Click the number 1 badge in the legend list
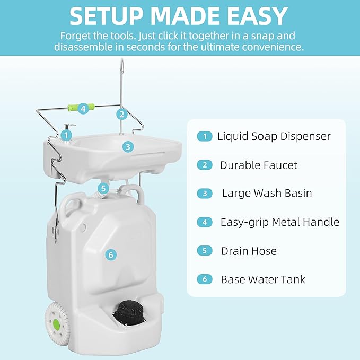point(204,136)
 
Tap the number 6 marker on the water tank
point(111,255)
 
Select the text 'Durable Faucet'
point(258,165)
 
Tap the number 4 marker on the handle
point(82,109)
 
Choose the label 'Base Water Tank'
point(263,279)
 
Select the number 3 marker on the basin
point(127,146)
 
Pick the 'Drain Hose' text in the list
point(249,251)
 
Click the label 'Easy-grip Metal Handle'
point(279,222)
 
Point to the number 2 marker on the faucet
point(122,113)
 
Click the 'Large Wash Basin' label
point(267,194)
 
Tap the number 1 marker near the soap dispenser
point(66,135)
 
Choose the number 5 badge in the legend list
point(204,251)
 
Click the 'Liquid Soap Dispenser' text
point(274,136)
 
